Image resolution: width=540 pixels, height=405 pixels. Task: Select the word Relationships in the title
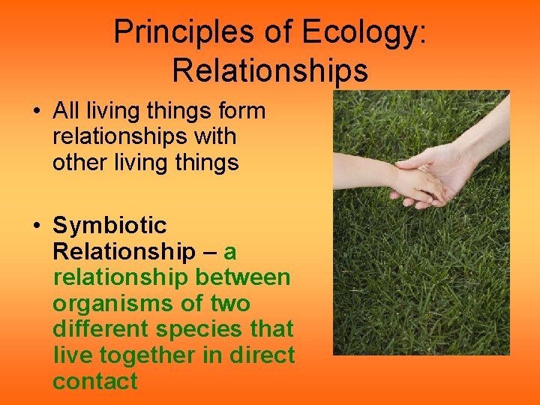click(x=270, y=70)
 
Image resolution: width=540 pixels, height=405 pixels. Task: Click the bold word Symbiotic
click(x=109, y=226)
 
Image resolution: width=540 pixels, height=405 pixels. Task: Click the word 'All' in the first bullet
click(x=66, y=111)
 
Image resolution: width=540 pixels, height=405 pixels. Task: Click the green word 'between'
click(x=243, y=277)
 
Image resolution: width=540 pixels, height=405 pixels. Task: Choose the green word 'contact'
click(x=95, y=381)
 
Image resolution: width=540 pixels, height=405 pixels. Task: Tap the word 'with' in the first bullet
click(x=214, y=136)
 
